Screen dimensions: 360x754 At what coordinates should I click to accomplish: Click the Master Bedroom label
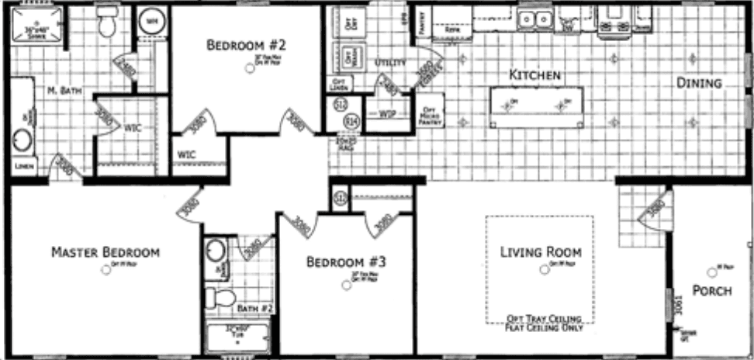click(x=105, y=252)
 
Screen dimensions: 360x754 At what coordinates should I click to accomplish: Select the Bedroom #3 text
click(x=346, y=261)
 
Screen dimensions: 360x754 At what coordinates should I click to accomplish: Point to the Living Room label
click(x=541, y=252)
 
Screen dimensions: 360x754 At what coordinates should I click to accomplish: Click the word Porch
click(x=712, y=292)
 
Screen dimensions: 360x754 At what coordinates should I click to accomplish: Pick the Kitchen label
click(x=534, y=75)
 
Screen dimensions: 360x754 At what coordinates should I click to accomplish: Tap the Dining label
click(x=698, y=83)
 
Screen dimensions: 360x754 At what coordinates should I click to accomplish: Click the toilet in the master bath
click(x=107, y=25)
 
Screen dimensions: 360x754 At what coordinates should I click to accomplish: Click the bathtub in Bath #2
click(x=237, y=338)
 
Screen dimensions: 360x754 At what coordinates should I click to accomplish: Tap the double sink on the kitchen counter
click(x=534, y=19)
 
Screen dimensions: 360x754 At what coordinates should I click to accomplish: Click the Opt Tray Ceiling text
click(x=540, y=317)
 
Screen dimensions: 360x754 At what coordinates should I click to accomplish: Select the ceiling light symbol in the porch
click(x=711, y=272)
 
